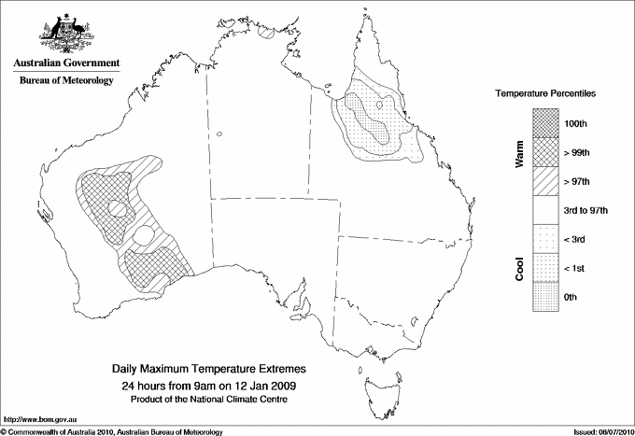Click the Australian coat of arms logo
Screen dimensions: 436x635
coord(65,31)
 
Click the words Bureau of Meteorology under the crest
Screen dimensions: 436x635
coord(65,81)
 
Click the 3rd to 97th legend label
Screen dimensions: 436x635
coord(586,210)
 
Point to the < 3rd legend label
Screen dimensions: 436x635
coord(575,239)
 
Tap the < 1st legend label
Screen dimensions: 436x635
coord(574,268)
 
